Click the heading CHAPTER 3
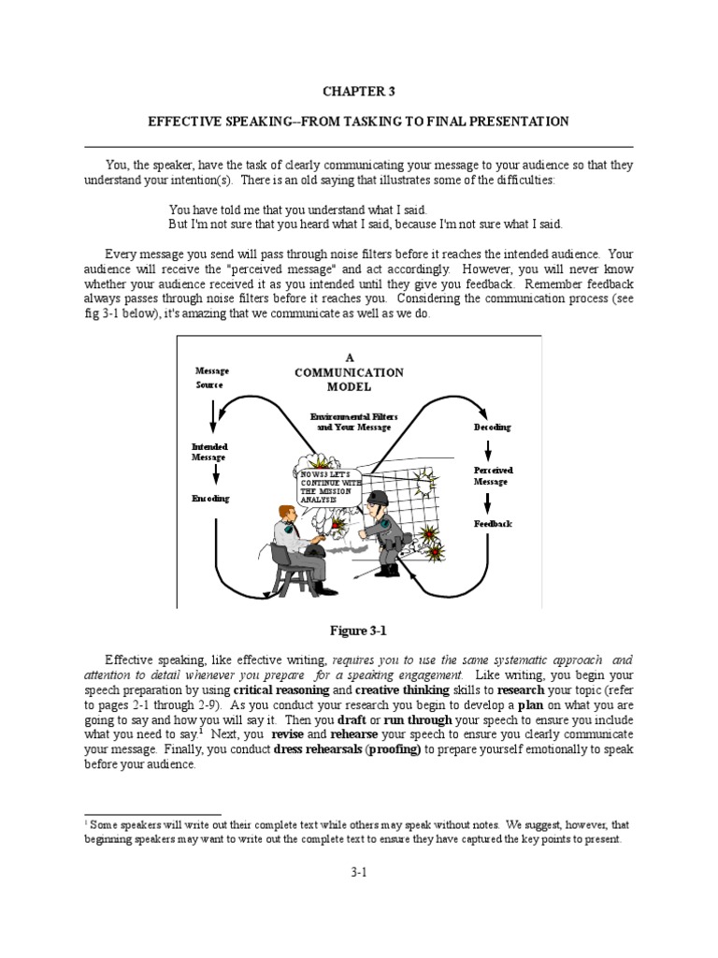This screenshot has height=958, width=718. pos(359,91)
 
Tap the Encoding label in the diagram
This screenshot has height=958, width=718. pos(210,499)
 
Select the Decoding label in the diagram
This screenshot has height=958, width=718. pos(492,428)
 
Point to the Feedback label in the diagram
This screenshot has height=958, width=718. pos(493,524)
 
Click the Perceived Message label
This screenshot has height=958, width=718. pos(493,476)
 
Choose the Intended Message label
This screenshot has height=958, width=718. pos(209,452)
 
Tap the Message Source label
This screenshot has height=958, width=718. pos(211,378)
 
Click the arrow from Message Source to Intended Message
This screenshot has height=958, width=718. pos(214,413)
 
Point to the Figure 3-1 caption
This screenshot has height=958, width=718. pos(359,631)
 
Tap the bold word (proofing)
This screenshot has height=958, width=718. pos(392,748)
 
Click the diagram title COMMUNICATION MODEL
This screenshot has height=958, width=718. pos(349,379)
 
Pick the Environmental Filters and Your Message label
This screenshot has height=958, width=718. pos(350,421)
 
